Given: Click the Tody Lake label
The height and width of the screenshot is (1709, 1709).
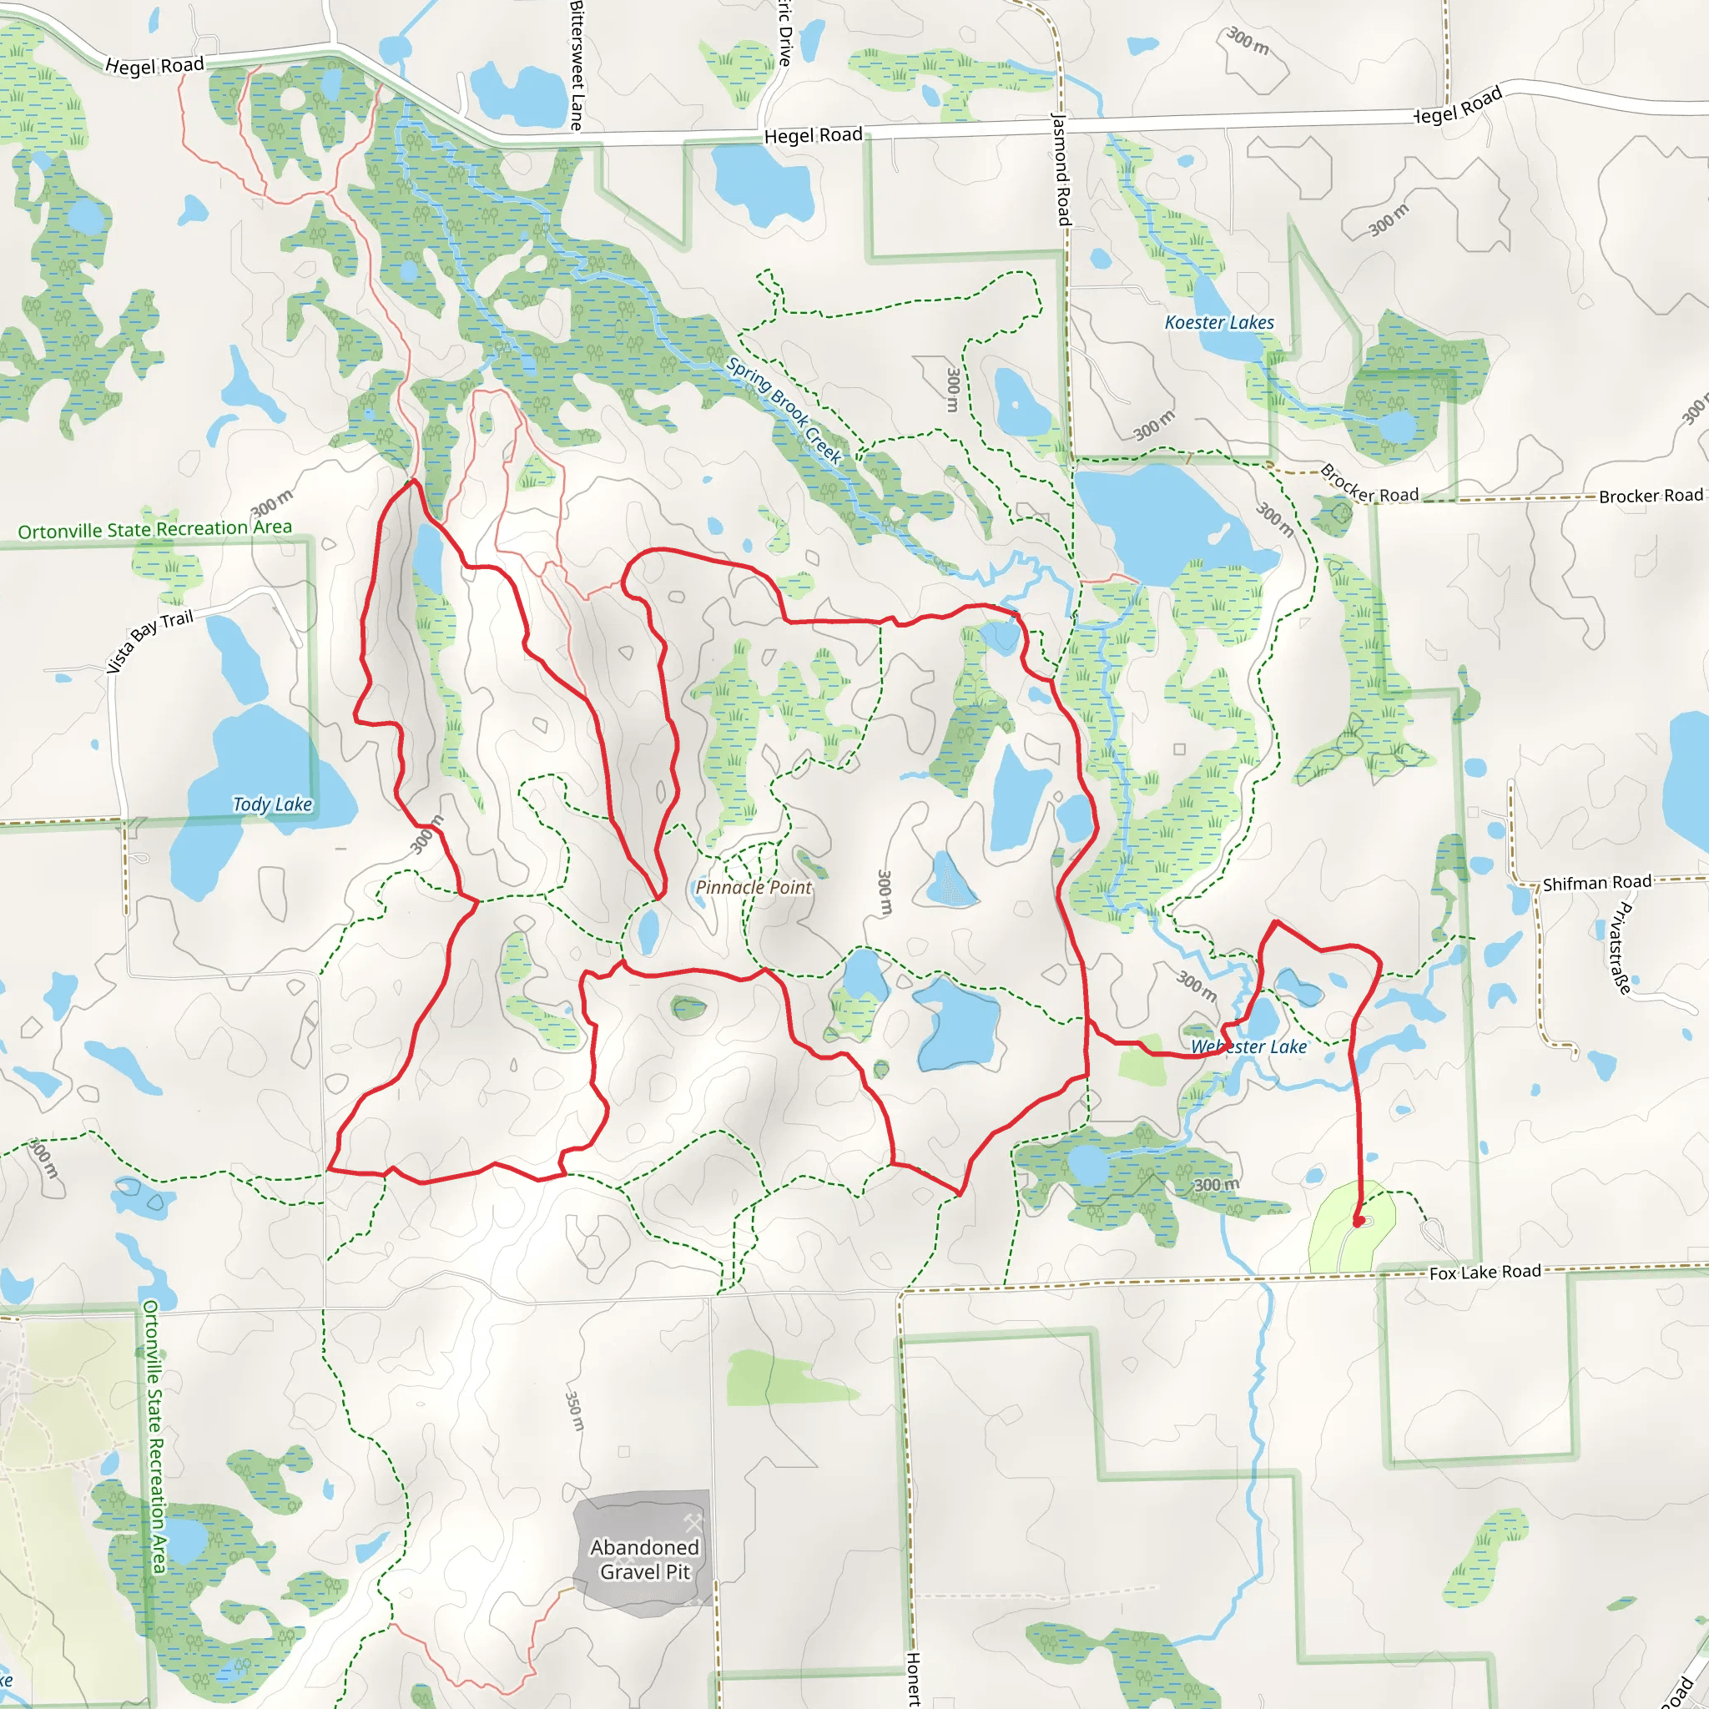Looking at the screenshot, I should tap(272, 804).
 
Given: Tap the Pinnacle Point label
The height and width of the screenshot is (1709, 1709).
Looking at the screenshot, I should tap(753, 887).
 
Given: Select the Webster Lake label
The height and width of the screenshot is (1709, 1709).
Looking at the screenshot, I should tap(1248, 1046).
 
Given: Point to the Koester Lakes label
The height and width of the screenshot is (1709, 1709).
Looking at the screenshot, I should tap(1219, 323).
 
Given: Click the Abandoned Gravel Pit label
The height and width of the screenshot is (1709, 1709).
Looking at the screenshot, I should tap(644, 1560).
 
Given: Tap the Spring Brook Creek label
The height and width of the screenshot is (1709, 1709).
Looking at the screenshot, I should tap(784, 411).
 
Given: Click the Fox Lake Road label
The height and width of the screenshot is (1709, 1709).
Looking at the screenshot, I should tap(1485, 1272).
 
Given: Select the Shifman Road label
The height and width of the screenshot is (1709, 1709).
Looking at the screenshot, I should tap(1596, 883).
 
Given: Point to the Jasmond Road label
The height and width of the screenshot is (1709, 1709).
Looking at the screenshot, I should tap(1061, 168).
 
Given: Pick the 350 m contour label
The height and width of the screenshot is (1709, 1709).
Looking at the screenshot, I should tap(575, 1411).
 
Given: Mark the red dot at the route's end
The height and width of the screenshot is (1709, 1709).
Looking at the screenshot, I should tap(1359, 1222).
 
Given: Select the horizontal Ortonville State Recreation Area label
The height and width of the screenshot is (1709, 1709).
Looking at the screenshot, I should tap(155, 529).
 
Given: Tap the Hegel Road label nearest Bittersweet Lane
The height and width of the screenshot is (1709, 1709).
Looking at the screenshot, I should tap(813, 135).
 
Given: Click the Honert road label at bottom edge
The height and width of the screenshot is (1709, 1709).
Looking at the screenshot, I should tap(914, 1678).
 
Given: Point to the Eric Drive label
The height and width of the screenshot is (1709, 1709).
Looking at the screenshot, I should tap(785, 33).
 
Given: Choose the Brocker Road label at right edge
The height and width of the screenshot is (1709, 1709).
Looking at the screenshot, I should tap(1651, 497).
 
